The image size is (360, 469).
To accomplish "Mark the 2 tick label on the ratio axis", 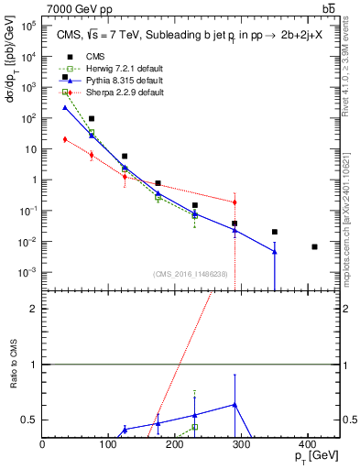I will (35, 309).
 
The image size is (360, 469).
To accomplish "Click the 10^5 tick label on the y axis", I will (29, 26).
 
